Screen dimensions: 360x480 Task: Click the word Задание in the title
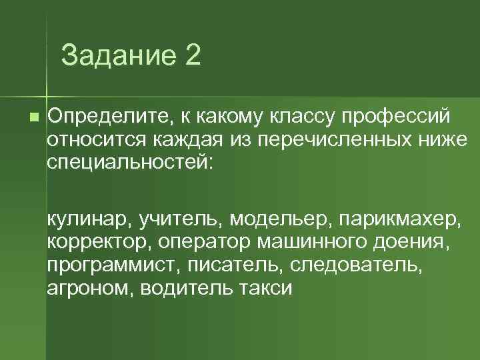click(x=115, y=55)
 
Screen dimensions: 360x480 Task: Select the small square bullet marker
click(x=34, y=117)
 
